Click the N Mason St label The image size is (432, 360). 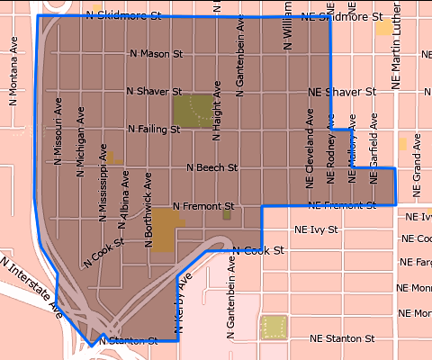point(156,53)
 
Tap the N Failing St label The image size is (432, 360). point(154,130)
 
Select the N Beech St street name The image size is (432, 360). point(211,167)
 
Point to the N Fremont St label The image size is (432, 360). point(202,206)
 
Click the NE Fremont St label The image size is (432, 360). point(341,206)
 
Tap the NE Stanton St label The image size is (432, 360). point(341,339)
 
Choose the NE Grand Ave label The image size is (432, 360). point(416,166)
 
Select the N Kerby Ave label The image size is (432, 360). point(180,305)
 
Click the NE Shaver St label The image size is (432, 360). point(341,92)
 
